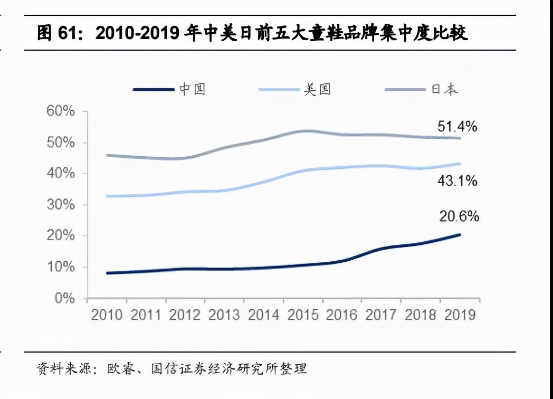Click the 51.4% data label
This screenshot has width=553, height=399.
(457, 127)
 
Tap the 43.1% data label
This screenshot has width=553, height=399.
(457, 181)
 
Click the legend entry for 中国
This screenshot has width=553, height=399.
(169, 90)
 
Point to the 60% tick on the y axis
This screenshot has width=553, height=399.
(61, 112)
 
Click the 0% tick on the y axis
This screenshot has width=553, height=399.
(65, 299)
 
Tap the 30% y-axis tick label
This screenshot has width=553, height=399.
(61, 205)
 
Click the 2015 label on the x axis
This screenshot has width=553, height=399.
(304, 315)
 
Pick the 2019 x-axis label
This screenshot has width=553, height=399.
(460, 315)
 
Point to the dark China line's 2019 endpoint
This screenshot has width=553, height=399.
(460, 234)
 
